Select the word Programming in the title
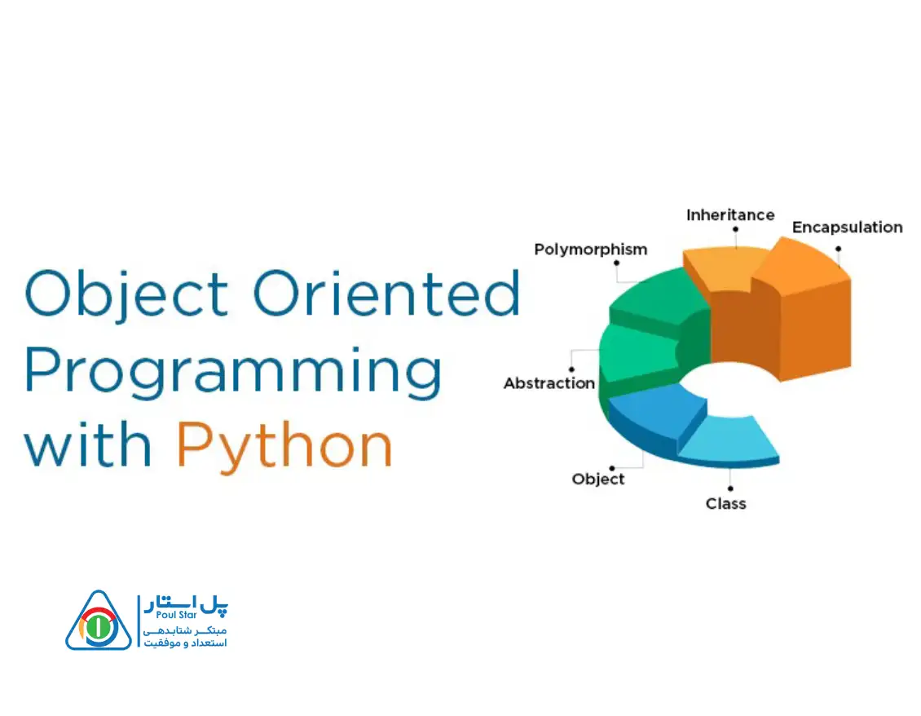(232, 372)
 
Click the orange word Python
(284, 445)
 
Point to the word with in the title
(88, 444)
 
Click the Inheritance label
(730, 215)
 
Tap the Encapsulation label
(847, 228)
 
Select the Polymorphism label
(590, 250)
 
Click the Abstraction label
(549, 383)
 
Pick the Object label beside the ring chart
(598, 479)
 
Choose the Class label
(726, 504)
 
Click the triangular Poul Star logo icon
(98, 621)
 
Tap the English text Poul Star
(176, 615)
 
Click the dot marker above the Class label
(730, 488)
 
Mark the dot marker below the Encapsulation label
(838, 249)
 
